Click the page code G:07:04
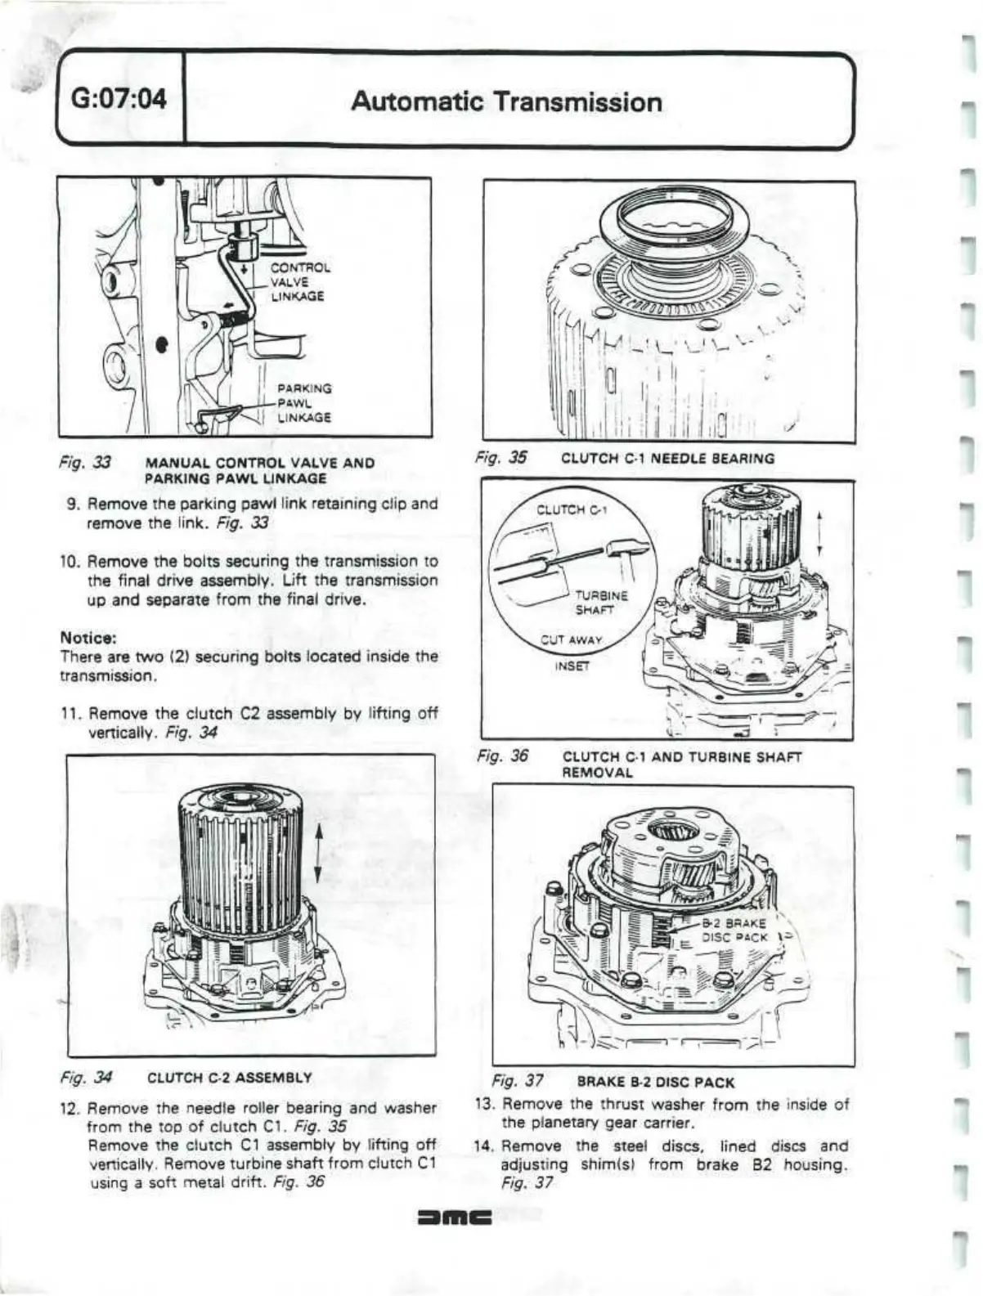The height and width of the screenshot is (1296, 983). point(119,101)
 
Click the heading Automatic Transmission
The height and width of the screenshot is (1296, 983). point(506,101)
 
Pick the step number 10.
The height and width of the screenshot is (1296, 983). point(69,562)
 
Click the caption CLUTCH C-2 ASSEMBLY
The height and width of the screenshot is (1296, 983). point(229,1077)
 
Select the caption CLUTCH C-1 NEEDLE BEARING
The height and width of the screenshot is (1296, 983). point(667,459)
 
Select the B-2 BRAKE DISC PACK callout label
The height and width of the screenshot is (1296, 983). point(734,931)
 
